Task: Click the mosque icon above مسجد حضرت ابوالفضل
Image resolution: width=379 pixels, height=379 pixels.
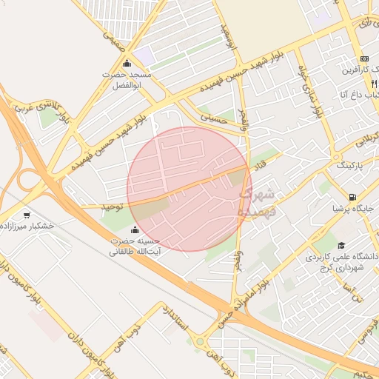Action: (127, 63)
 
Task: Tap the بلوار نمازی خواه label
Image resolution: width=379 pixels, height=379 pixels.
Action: (311, 93)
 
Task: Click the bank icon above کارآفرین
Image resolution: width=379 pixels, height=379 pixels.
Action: (363, 58)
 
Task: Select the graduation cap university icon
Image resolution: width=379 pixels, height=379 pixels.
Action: (341, 245)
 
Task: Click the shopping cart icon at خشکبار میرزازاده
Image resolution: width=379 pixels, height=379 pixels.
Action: (27, 215)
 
